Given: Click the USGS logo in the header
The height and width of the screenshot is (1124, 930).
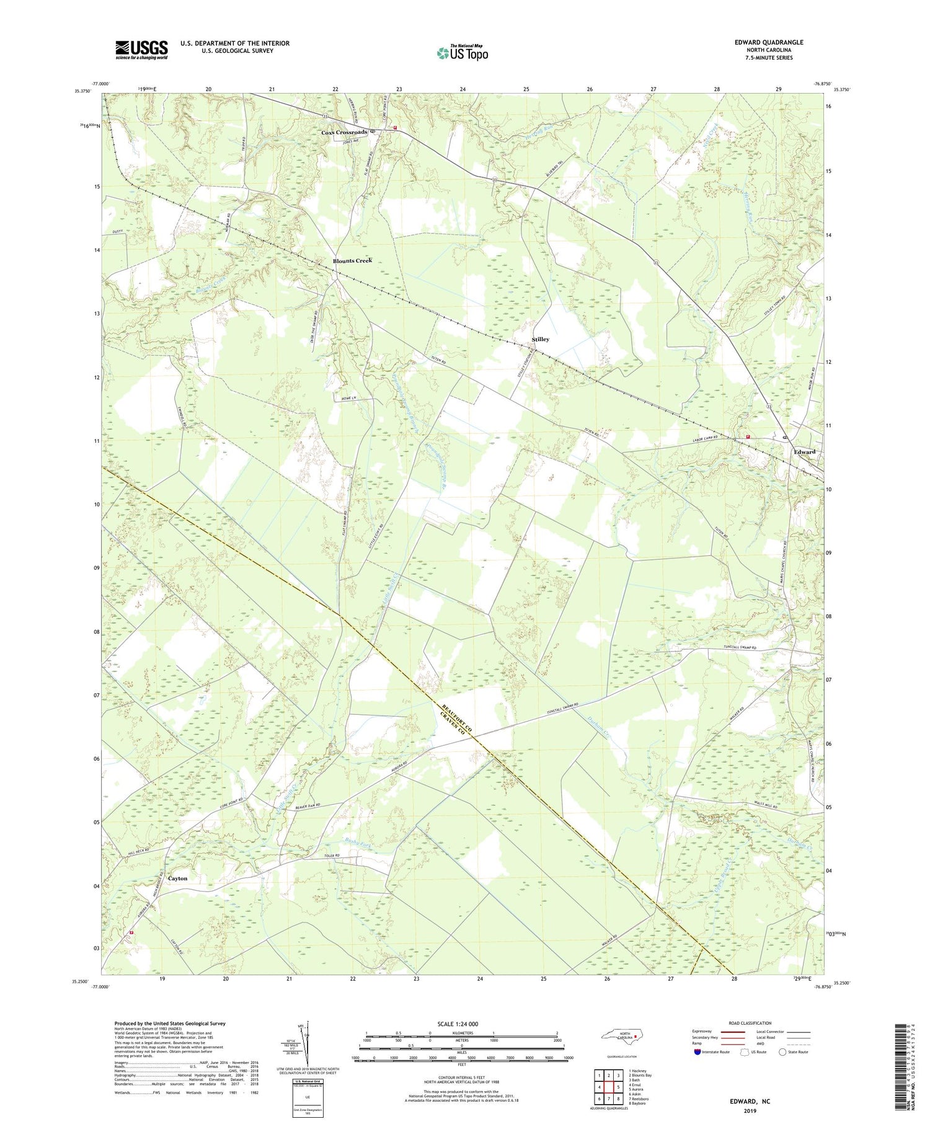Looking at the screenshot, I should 141,50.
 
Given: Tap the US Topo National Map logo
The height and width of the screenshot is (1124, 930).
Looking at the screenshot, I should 462,53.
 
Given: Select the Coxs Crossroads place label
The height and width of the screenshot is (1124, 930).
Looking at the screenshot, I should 344,133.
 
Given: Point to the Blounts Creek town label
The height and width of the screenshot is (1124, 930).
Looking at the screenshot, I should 352,261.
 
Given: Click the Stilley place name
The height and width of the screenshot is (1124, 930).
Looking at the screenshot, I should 540,340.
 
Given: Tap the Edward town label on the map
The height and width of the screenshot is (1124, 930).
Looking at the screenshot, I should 805,452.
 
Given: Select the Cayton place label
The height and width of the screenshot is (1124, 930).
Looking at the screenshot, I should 177,878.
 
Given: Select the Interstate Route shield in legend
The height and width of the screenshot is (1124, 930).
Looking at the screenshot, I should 697,1052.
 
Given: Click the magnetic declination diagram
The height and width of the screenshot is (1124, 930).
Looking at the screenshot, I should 306,1042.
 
